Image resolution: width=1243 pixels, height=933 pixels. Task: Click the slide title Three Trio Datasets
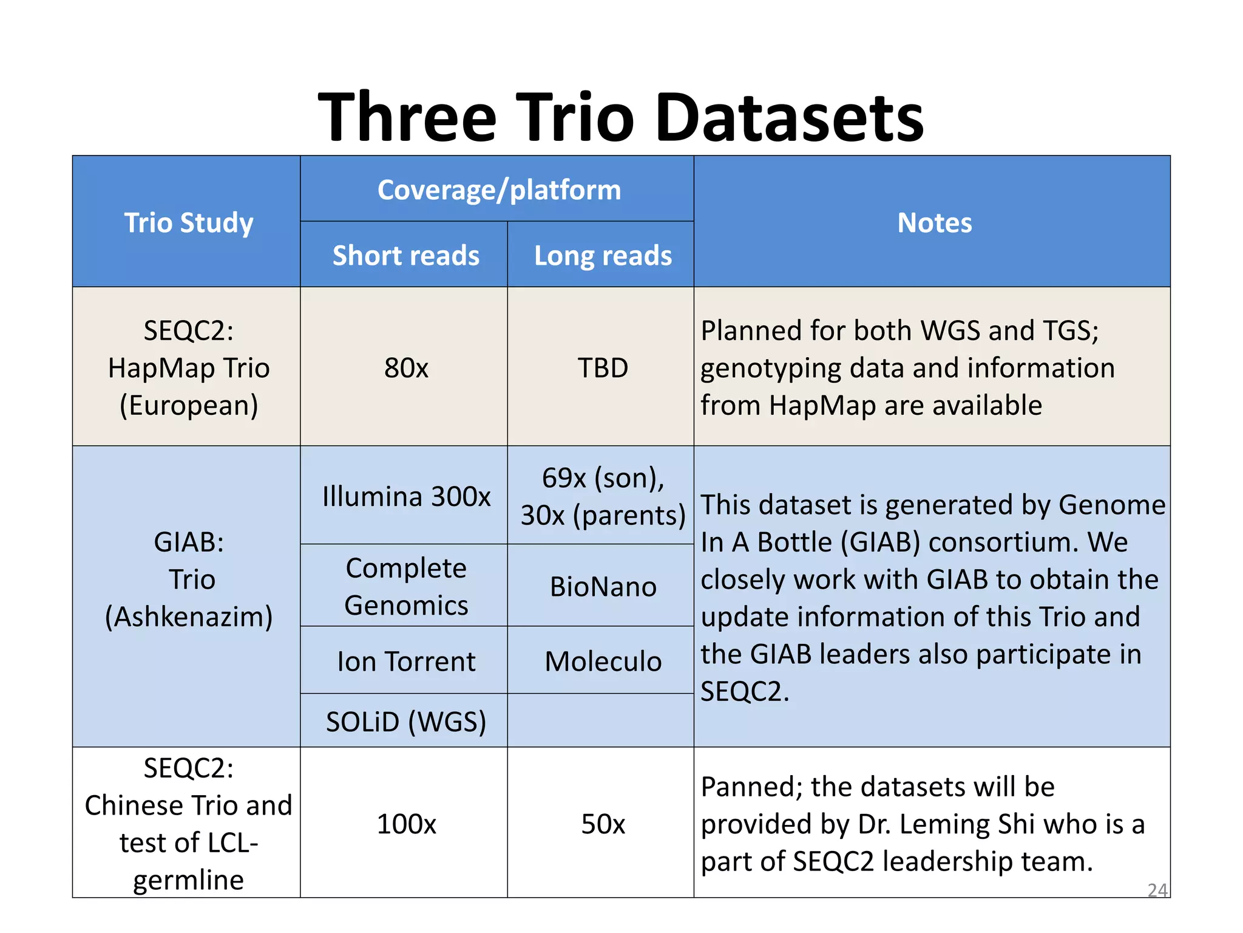tap(620, 117)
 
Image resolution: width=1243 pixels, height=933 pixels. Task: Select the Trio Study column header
tap(189, 222)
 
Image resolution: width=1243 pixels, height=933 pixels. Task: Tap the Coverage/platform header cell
tap(499, 190)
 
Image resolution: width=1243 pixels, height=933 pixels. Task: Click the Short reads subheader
tap(405, 255)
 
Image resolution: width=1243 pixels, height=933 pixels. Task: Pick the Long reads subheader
tap(603, 255)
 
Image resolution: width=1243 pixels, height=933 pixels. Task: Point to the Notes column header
tap(934, 222)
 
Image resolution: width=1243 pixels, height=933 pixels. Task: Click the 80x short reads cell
tap(406, 367)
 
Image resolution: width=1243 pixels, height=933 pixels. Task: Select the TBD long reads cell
tap(603, 367)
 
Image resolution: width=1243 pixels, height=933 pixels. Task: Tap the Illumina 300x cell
tap(406, 496)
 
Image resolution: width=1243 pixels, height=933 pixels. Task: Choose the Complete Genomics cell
tap(406, 586)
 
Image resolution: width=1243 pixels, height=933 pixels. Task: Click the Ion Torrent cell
tap(406, 661)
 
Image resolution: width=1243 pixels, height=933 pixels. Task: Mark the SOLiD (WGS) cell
tap(406, 722)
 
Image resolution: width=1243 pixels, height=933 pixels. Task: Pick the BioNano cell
tap(603, 587)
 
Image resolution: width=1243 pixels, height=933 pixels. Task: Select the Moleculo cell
tap(603, 661)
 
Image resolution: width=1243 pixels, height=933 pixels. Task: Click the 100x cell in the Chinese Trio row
tap(406, 824)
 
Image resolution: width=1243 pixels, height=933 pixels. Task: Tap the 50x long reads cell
tap(603, 824)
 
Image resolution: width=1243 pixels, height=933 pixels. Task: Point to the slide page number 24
tap(1157, 890)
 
